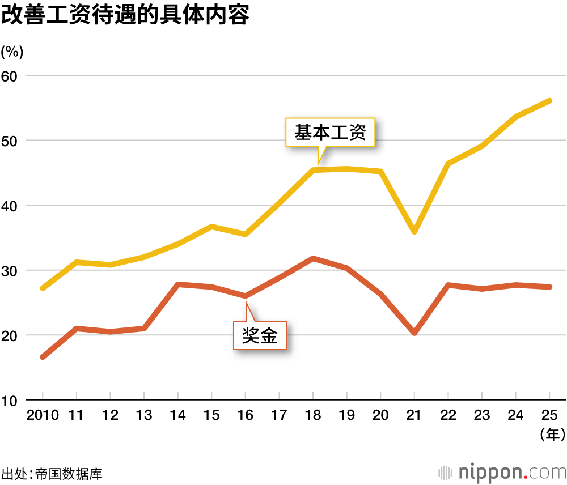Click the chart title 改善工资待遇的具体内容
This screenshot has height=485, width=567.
(x=125, y=15)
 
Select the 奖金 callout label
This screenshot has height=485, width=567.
(x=260, y=335)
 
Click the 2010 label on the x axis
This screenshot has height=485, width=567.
(x=43, y=416)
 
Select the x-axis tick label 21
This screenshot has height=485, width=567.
(x=414, y=416)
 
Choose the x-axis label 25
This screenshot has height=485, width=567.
(x=549, y=416)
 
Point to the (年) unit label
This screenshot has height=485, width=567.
(x=549, y=435)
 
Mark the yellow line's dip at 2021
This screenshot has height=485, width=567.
(x=414, y=232)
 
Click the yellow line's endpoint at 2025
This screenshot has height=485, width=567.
(x=549, y=101)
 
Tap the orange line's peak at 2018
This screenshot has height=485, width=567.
(x=313, y=258)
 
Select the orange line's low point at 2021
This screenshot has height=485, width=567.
(x=414, y=333)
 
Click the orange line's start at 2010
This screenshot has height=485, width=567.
(x=43, y=357)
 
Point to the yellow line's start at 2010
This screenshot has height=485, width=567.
(x=43, y=288)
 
